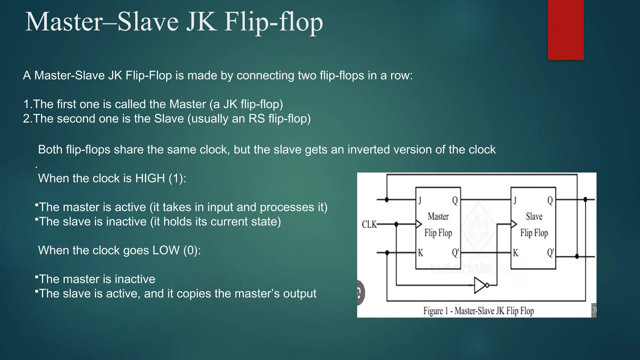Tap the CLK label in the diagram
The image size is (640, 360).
[x=369, y=224]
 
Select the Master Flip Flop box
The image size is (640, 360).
[x=438, y=228]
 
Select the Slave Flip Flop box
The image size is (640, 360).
[x=533, y=228]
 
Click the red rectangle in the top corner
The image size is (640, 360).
[x=566, y=30]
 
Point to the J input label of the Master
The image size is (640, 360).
[x=420, y=201]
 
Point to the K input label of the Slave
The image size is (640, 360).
[x=515, y=253]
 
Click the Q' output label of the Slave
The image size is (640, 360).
[x=550, y=253]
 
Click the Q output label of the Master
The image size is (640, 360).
[x=455, y=201]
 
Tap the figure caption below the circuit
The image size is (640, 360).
[x=478, y=311]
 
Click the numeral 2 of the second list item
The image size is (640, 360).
[x=26, y=119]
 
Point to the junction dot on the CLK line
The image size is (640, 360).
[x=396, y=224]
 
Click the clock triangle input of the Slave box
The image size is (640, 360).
[x=514, y=224]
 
